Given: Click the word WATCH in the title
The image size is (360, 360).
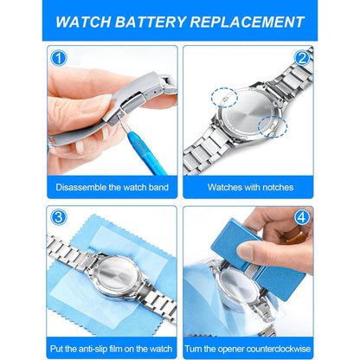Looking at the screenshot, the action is click(x=83, y=22).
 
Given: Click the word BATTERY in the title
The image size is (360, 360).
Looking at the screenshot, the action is click(x=151, y=22).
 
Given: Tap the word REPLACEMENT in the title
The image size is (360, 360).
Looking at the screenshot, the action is click(x=247, y=22).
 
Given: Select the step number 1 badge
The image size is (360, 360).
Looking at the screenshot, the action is click(x=59, y=58).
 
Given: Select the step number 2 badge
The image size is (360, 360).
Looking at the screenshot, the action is click(x=302, y=58).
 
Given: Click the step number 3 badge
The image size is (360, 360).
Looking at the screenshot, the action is click(x=59, y=217).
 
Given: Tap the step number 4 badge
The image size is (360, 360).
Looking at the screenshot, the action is click(x=302, y=217).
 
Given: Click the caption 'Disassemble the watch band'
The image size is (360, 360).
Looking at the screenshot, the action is click(x=112, y=187).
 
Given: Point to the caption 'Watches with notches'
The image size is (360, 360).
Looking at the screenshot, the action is click(x=250, y=187).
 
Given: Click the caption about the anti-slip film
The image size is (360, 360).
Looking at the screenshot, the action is click(x=112, y=349).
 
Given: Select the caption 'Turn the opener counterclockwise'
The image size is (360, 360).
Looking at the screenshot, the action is click(x=247, y=349).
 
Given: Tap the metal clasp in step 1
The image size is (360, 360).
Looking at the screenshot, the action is click(x=138, y=95).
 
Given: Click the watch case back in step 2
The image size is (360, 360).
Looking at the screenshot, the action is click(x=248, y=115).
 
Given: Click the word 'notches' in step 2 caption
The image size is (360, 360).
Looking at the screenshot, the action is click(x=278, y=187).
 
